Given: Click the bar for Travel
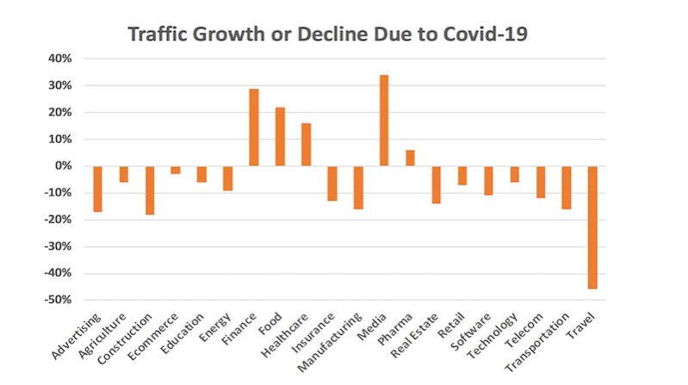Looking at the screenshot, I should click(592, 227).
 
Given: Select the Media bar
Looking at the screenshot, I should click(383, 121).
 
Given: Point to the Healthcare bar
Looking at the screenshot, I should click(306, 145).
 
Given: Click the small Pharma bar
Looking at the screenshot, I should click(410, 158).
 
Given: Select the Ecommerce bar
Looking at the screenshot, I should click(176, 170).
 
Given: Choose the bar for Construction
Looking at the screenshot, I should click(150, 190).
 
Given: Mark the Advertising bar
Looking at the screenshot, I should click(98, 189).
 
